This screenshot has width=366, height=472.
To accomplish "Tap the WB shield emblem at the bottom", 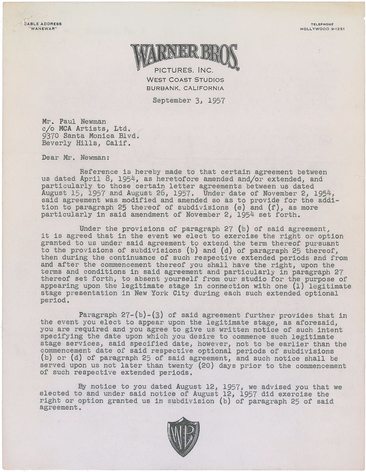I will (183, 437).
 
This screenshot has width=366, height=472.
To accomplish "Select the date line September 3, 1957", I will (189, 101).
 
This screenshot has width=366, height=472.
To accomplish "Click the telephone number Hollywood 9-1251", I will (322, 29).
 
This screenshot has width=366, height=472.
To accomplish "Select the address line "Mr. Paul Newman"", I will (74, 122).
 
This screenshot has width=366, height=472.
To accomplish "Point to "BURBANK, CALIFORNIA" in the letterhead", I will (185, 88).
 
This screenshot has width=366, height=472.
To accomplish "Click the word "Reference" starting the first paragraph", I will (98, 171).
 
